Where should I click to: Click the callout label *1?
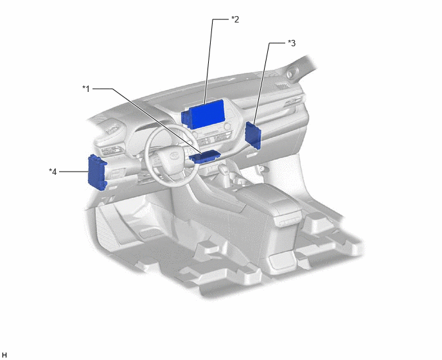[x=86, y=89]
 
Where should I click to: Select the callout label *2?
[x=235, y=19]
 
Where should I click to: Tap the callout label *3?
[x=292, y=43]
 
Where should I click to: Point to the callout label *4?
[x=53, y=172]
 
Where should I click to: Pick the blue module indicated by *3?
[x=253, y=136]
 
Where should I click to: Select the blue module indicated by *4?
[x=97, y=172]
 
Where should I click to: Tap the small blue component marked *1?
[x=205, y=157]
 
